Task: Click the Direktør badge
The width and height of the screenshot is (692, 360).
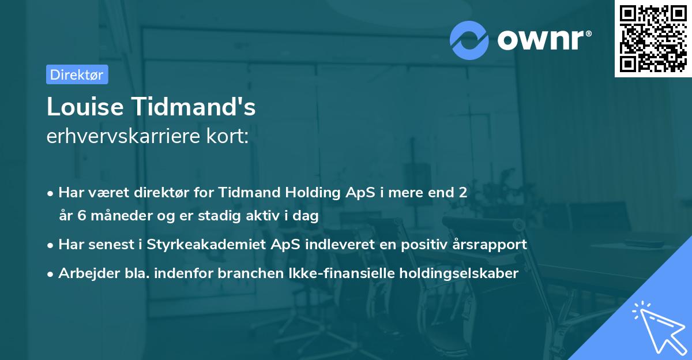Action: pos(77,74)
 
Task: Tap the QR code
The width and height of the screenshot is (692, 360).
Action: pos(653,39)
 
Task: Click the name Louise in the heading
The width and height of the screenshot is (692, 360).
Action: pos(85,107)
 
